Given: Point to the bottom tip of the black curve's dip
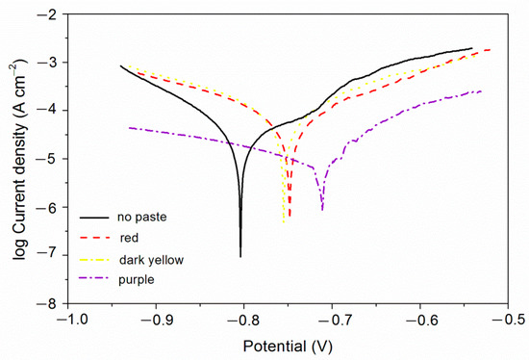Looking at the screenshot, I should (x=240, y=257).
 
